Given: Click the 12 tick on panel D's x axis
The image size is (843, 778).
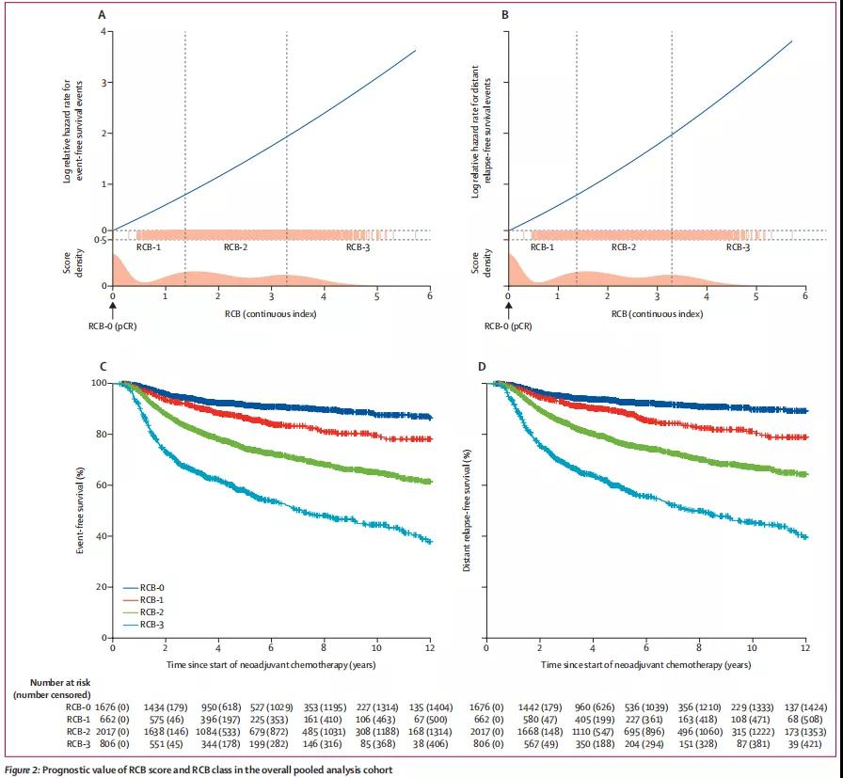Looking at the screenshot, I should [805, 649].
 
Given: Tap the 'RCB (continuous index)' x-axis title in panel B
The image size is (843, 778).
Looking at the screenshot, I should [656, 312].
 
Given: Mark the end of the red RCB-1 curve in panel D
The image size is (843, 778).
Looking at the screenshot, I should [804, 437].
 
